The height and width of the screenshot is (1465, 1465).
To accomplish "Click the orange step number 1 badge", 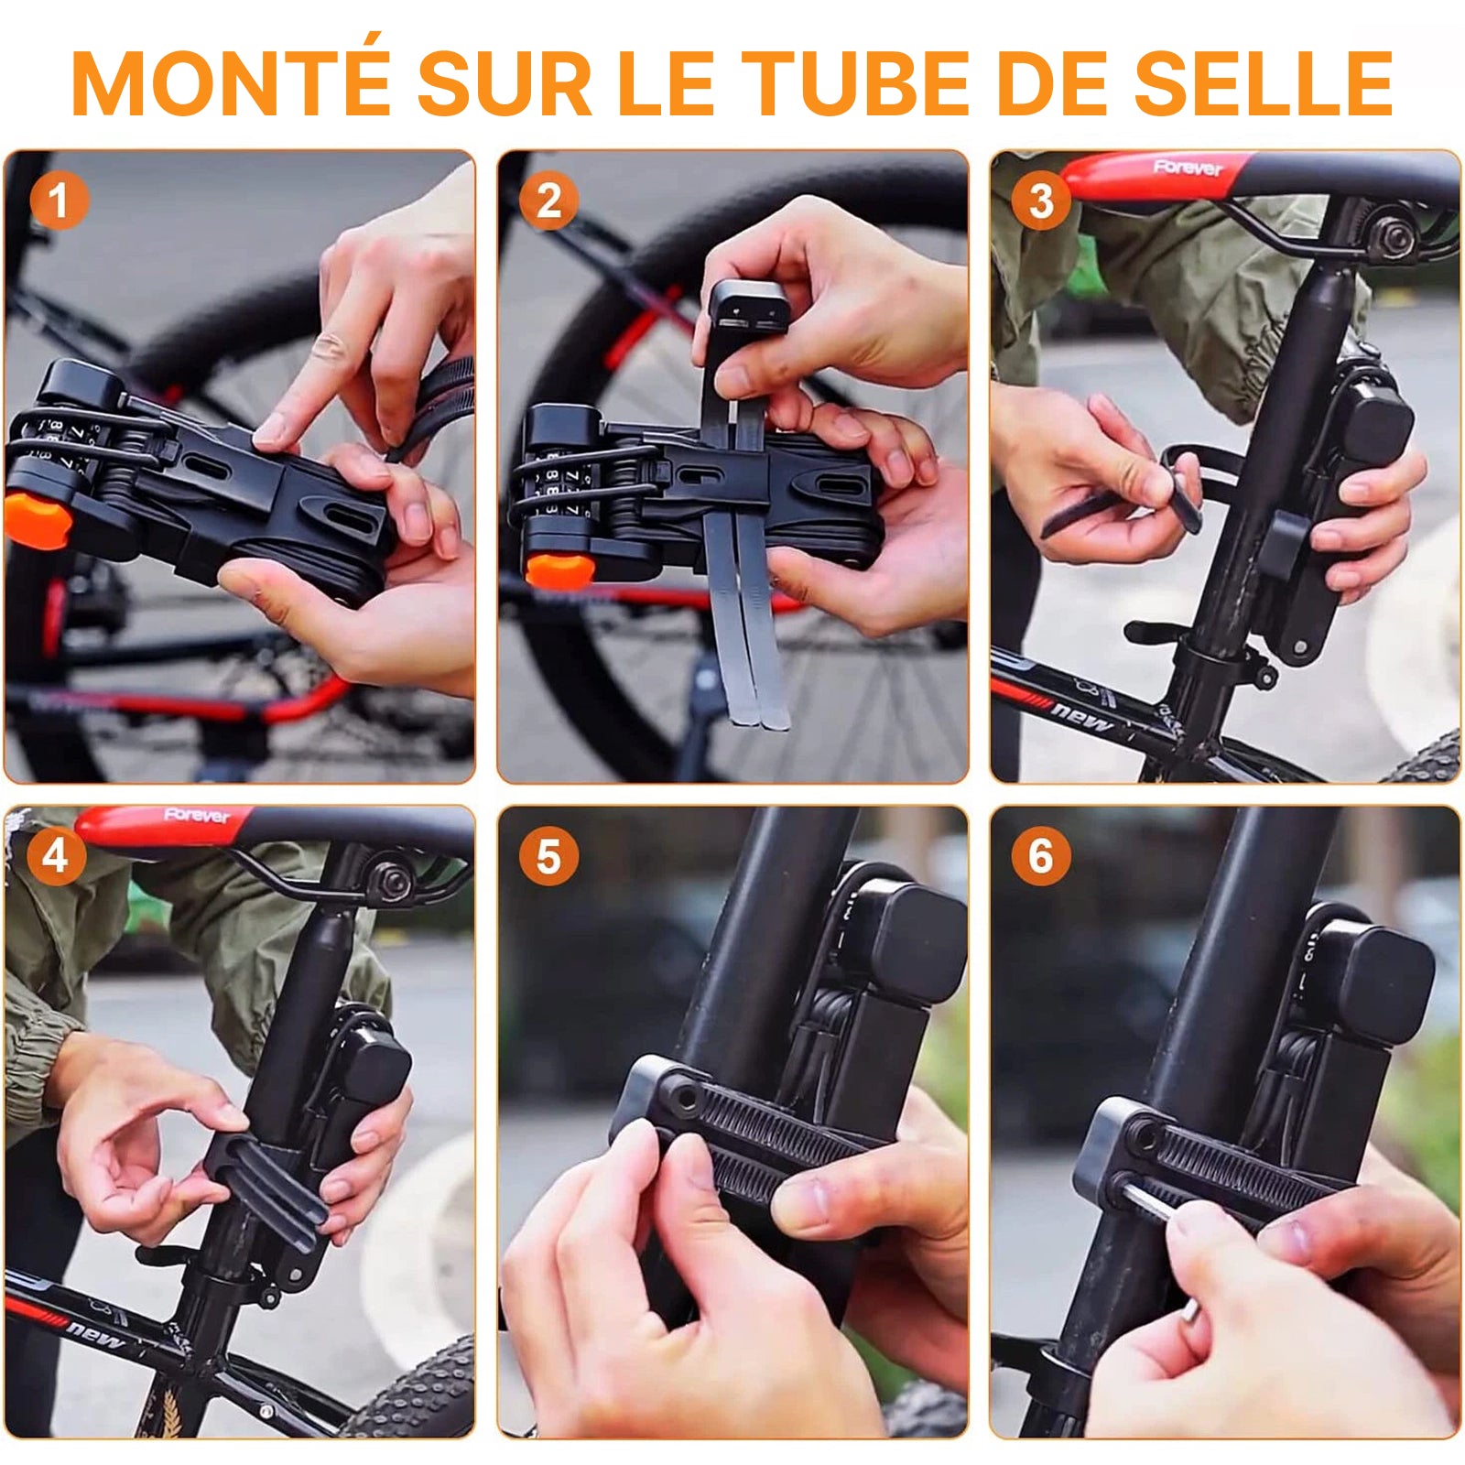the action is point(59,201).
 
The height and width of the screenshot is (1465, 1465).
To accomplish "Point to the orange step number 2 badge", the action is point(548,201).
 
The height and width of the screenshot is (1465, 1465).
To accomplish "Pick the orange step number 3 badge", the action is point(1040,201).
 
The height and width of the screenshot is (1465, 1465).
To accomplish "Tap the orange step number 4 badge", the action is point(56,856).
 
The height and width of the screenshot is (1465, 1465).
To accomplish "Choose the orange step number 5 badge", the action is point(548,856).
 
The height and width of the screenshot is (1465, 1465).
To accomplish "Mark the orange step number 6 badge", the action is point(1040,856).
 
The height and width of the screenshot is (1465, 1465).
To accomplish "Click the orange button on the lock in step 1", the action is point(37,519).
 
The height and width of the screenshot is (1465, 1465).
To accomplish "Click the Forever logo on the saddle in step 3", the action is point(1188,168).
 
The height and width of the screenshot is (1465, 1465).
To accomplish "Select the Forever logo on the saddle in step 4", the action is point(197,815).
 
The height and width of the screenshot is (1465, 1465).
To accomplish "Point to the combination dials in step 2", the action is point(561,486).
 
